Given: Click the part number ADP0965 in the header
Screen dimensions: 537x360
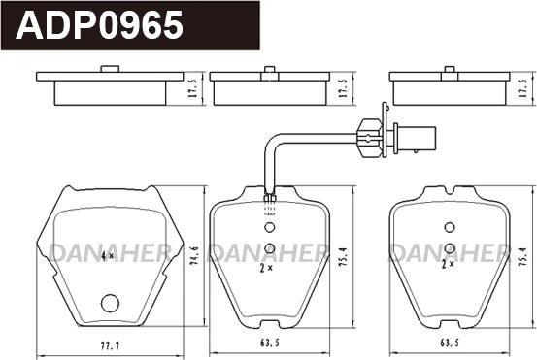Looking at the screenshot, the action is (99, 24).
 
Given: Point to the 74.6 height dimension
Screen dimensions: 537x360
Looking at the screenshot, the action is (195, 256).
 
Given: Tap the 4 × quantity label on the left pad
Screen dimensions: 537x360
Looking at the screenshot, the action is (108, 255).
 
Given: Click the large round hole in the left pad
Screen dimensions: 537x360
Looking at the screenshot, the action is (110, 303).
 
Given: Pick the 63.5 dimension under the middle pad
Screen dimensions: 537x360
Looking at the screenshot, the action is (270, 343).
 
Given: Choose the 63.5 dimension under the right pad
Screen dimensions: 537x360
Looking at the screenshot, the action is (450, 343).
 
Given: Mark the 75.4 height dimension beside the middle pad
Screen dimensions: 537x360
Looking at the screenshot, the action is (345, 256).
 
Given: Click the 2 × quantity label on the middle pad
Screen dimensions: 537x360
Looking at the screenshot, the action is (266, 269).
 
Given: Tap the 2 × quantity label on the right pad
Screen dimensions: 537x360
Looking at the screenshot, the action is (448, 264).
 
